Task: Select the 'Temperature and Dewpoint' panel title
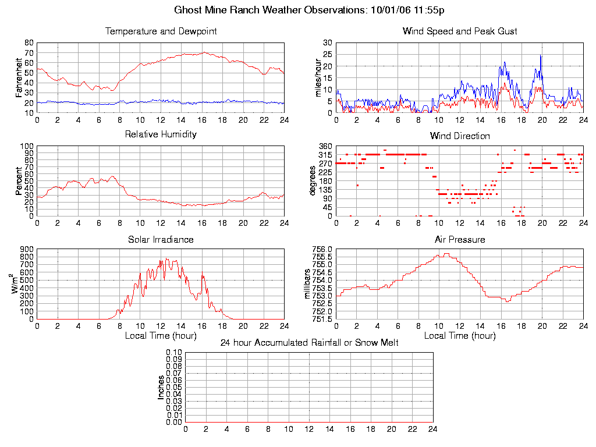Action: point(161,31)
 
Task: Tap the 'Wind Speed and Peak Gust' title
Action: point(460,31)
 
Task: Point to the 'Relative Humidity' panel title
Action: point(161,134)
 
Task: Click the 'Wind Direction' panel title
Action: point(460,136)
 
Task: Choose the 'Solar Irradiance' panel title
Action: point(161,239)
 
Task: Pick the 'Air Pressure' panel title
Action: point(460,239)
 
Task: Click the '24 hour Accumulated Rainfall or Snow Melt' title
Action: point(309,343)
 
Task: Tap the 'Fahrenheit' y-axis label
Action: point(19,77)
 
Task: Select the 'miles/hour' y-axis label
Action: point(318,77)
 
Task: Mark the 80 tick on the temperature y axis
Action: point(29,43)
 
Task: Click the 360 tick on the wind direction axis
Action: point(325,146)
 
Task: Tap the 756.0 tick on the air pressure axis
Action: point(322,249)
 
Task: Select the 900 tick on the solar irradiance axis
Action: point(26,249)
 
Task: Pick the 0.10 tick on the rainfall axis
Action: point(174,352)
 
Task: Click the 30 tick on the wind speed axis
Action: point(327,43)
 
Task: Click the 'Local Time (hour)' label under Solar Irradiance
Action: point(161,335)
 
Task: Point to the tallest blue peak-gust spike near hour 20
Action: point(541,55)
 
